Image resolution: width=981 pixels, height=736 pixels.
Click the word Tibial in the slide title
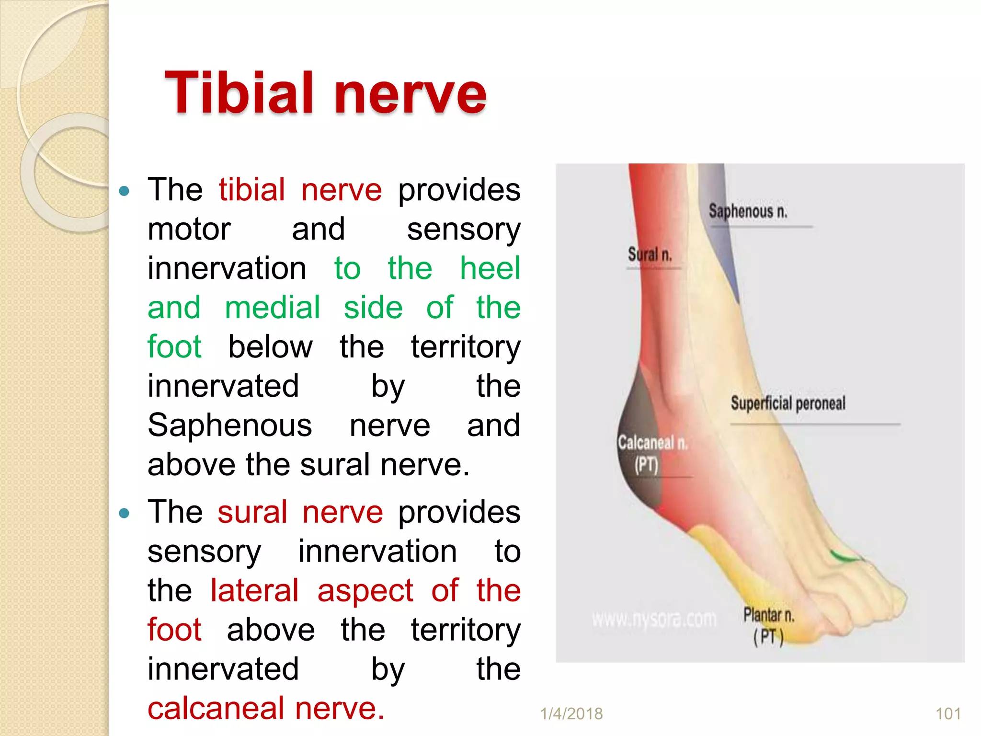[240, 93]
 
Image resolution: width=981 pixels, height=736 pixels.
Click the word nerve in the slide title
[410, 93]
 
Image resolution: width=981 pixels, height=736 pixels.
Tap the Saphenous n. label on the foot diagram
[748, 211]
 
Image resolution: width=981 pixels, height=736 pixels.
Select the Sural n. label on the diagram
[650, 254]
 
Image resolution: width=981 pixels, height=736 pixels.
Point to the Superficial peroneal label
[788, 403]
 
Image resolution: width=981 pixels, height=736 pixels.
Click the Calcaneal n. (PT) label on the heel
[652, 453]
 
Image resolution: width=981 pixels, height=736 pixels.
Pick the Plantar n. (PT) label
[769, 625]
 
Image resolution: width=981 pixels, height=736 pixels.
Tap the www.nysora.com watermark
[654, 620]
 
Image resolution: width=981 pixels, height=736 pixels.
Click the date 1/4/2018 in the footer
[571, 713]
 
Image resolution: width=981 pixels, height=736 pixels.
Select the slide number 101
[948, 713]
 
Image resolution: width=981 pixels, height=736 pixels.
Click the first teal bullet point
[124, 191]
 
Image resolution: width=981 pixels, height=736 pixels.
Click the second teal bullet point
[124, 514]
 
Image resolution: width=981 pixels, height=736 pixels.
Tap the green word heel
[490, 268]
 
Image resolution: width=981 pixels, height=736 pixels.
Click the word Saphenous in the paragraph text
[230, 425]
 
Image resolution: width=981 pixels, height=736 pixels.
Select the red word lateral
[254, 590]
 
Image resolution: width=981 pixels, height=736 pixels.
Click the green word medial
[272, 308]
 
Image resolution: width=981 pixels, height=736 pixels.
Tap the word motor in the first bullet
[189, 229]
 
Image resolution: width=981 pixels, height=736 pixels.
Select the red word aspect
[365, 590]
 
